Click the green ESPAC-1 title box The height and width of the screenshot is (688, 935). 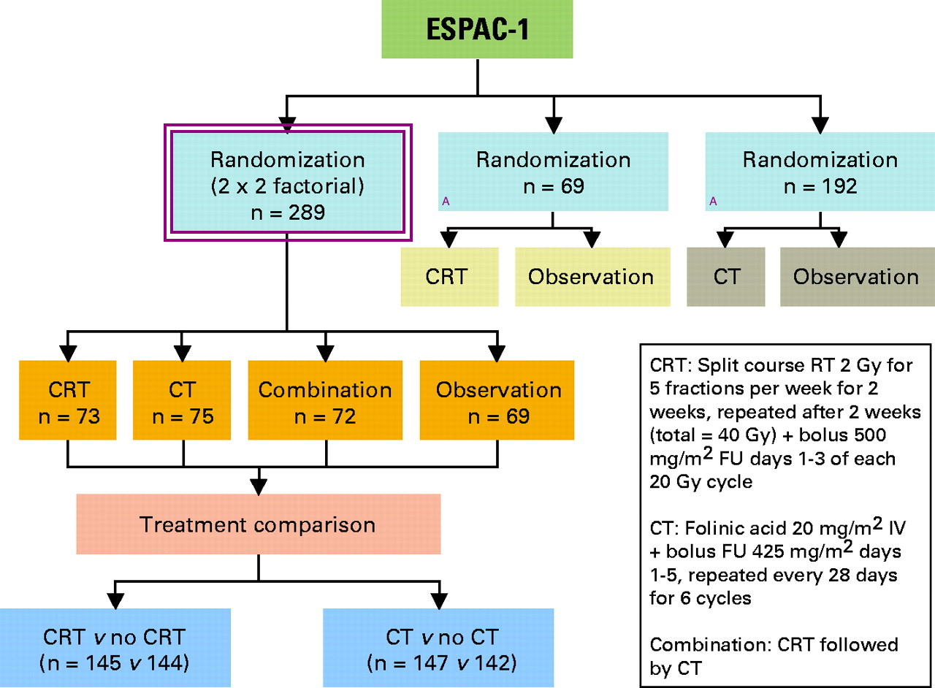477,31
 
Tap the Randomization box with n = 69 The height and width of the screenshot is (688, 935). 552,172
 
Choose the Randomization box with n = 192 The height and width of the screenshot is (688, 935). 819,172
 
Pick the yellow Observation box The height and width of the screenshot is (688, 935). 592,277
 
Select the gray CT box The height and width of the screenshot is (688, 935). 725,277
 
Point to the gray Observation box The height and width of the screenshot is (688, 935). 856,277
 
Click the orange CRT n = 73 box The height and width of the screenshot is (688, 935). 67,400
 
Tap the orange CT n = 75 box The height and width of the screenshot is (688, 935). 183,400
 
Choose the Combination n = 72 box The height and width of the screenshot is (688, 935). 326,400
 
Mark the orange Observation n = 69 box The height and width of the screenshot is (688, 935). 498,400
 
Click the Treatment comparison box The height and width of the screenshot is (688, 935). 258,524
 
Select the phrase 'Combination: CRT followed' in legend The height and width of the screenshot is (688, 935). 774,646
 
